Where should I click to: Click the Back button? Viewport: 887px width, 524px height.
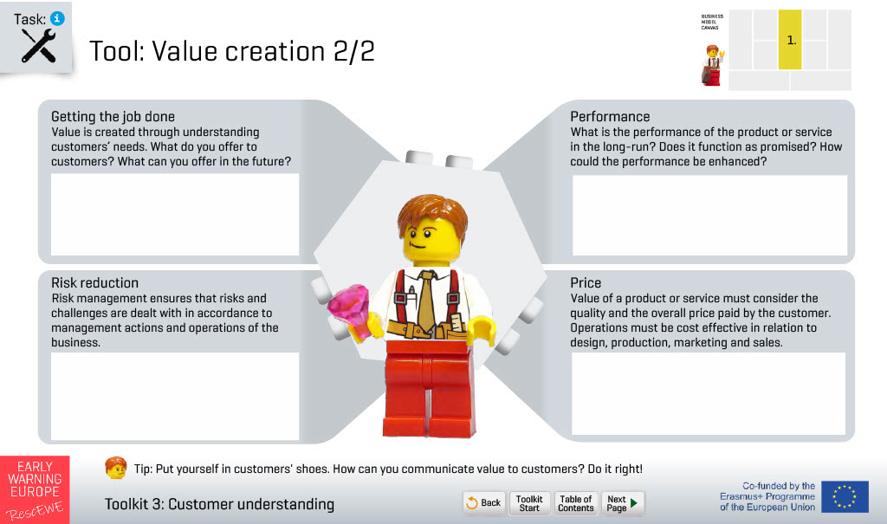pyautogui.click(x=484, y=502)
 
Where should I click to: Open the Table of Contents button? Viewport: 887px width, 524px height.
pyautogui.click(x=575, y=502)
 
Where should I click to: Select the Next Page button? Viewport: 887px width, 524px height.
pyautogui.click(x=622, y=502)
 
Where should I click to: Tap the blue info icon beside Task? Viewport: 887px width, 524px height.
pyautogui.click(x=57, y=18)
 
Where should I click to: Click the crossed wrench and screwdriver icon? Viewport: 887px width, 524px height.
pyautogui.click(x=38, y=45)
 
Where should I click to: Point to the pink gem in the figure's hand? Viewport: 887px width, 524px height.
pyautogui.click(x=348, y=310)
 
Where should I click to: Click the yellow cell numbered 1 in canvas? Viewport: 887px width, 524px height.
pyautogui.click(x=790, y=40)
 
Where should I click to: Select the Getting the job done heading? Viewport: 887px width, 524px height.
pyautogui.click(x=113, y=117)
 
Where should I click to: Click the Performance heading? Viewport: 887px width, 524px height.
pyautogui.click(x=610, y=117)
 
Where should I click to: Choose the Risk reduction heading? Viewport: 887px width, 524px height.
pyautogui.click(x=94, y=283)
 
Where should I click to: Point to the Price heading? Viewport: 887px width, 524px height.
pyautogui.click(x=586, y=283)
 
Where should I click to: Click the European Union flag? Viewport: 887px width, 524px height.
pyautogui.click(x=845, y=497)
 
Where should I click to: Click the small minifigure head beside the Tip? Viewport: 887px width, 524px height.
pyautogui.click(x=116, y=468)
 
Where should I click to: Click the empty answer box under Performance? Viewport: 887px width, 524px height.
pyautogui.click(x=710, y=215)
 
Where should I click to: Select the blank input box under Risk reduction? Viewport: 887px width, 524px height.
pyautogui.click(x=175, y=396)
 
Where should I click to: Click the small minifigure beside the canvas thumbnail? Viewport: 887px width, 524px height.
pyautogui.click(x=713, y=65)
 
